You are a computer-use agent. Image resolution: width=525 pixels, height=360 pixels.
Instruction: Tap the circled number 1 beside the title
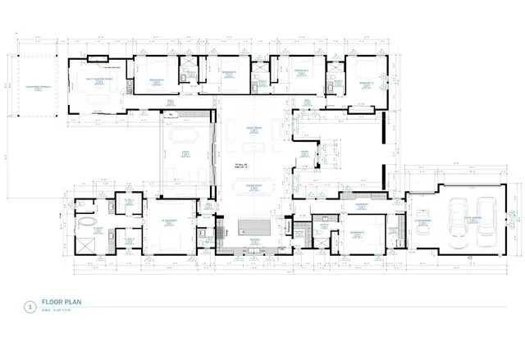pos(30,307)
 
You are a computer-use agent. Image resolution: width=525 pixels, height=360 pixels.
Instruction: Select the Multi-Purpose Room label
pos(101,80)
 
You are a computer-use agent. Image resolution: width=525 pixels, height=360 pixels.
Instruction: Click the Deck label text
pos(186,153)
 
